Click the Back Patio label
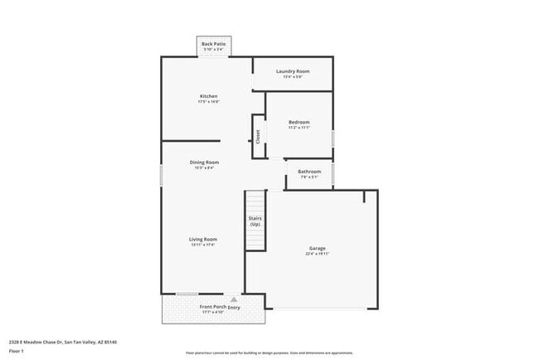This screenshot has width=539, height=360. pyautogui.click(x=213, y=43)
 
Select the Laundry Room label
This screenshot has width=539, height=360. pyautogui.click(x=292, y=71)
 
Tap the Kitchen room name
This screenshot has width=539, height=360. pyautogui.click(x=208, y=96)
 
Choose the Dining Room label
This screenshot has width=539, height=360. pyautogui.click(x=204, y=162)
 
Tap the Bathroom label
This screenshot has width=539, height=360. pyautogui.click(x=308, y=172)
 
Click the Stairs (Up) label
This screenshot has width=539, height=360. pyautogui.click(x=255, y=221)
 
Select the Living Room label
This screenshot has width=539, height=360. pyautogui.click(x=203, y=239)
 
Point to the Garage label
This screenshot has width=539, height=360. pyautogui.click(x=317, y=248)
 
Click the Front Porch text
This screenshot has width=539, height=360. pyautogui.click(x=212, y=307)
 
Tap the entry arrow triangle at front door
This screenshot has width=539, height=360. pyautogui.click(x=234, y=299)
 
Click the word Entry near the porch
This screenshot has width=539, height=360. pyautogui.click(x=235, y=307)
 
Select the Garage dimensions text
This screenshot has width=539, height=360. pyautogui.click(x=317, y=255)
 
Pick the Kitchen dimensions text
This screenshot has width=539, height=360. pyautogui.click(x=208, y=102)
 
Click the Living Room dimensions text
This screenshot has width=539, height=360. pyautogui.click(x=203, y=245)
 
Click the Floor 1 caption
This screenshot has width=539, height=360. pyautogui.click(x=17, y=352)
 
